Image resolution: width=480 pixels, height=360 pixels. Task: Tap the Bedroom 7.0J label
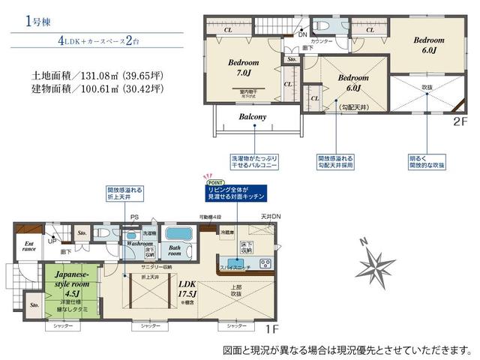(x=244, y=69)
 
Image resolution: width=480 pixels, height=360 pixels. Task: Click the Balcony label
(x=253, y=117)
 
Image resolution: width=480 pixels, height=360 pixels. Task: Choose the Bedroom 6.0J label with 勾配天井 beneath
(x=352, y=82)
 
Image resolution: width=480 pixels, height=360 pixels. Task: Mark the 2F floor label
(x=459, y=119)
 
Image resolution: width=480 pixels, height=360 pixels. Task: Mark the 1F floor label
(x=272, y=328)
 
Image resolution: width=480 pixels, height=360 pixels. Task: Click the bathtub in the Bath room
(x=181, y=232)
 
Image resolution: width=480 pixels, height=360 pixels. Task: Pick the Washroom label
(x=139, y=244)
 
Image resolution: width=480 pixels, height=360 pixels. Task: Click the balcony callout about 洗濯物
(x=254, y=163)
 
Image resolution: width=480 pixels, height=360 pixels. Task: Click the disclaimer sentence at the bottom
(x=348, y=350)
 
